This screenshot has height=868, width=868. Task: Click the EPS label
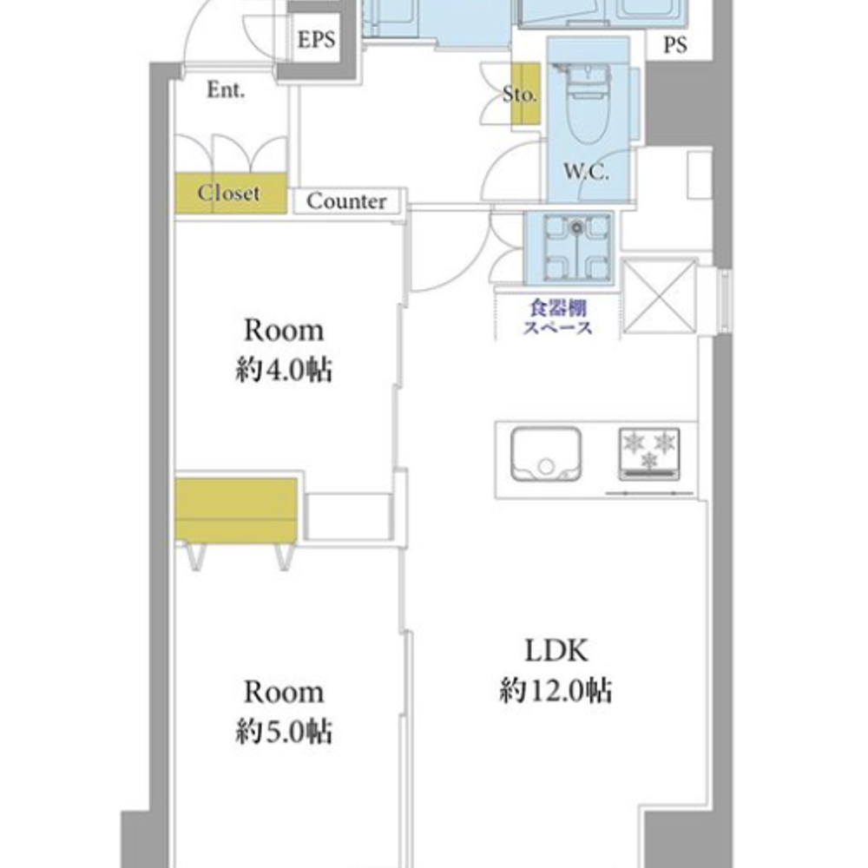click(316, 40)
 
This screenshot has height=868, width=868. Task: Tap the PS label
click(674, 44)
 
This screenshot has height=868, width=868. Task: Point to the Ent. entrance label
click(226, 89)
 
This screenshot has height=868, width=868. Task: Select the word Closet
click(228, 193)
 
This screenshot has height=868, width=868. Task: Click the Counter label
click(346, 201)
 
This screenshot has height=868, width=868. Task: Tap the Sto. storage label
click(520, 94)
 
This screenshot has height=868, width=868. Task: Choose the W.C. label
click(586, 172)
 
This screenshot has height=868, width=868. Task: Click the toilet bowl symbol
click(588, 105)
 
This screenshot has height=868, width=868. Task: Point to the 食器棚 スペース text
click(557, 317)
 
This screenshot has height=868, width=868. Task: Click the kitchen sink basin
click(546, 453)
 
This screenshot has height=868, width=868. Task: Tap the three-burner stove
click(648, 453)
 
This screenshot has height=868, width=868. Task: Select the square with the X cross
click(660, 297)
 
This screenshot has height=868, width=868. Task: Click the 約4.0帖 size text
click(284, 370)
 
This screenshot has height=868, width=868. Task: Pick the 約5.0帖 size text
click(284, 731)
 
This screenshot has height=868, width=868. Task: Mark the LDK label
click(556, 650)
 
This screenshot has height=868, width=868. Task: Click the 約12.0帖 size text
click(556, 690)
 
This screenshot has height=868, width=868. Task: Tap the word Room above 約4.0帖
click(284, 331)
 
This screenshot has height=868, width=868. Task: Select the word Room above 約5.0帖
click(284, 693)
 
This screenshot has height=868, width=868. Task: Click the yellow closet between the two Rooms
click(236, 510)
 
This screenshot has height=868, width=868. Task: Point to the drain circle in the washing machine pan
click(577, 227)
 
